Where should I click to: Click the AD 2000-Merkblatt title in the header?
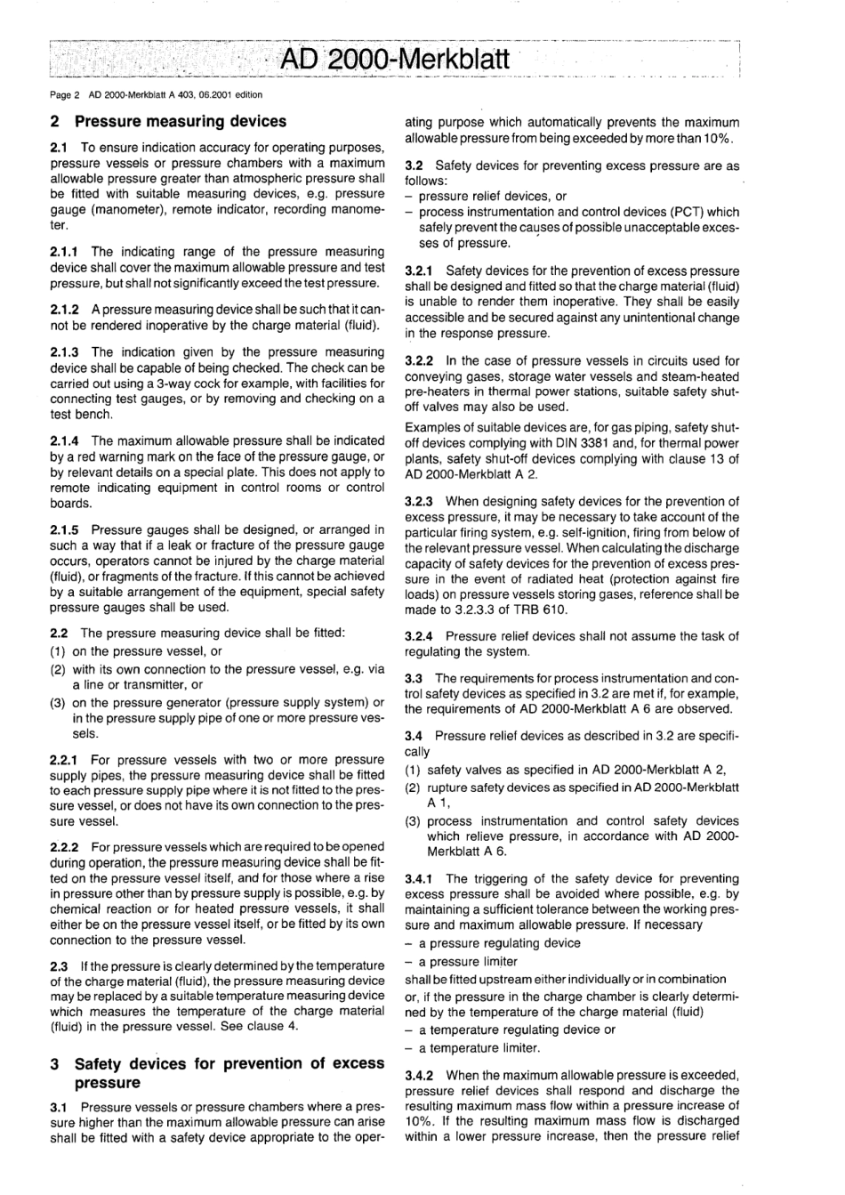click(395, 60)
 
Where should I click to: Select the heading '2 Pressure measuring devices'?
click(168, 121)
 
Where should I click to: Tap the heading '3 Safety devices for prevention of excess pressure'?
click(218, 1073)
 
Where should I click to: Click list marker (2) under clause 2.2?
click(58, 669)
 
